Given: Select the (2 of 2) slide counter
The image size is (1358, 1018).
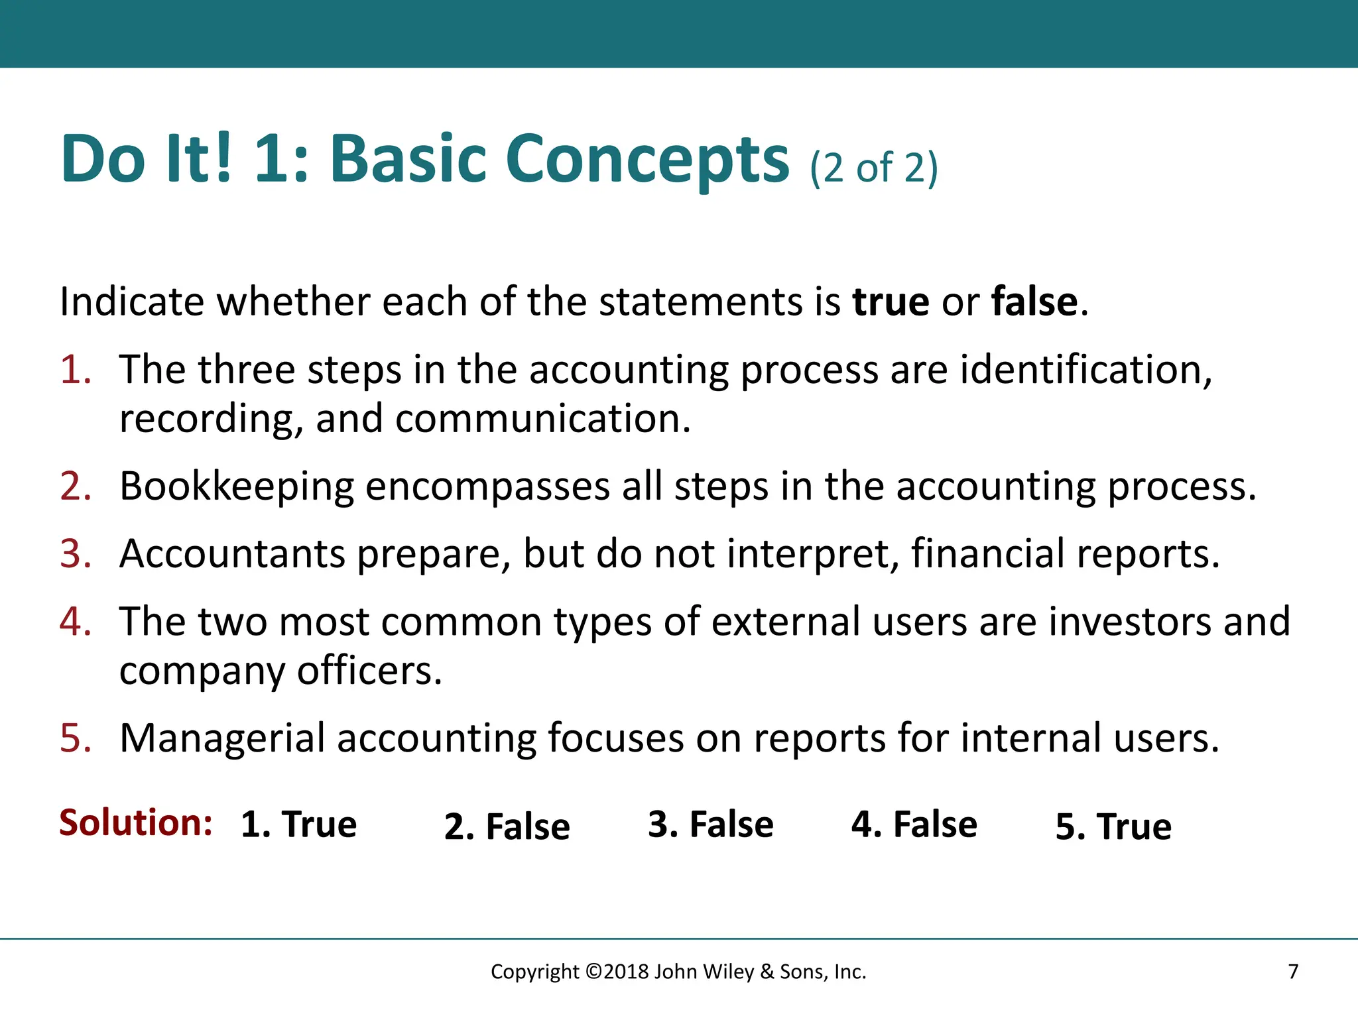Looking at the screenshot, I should point(873,168).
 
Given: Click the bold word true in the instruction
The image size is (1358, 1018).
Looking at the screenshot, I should point(891,302).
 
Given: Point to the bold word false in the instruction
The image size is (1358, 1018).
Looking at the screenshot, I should point(1034,302).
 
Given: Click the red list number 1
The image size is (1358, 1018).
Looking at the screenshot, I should point(75,369).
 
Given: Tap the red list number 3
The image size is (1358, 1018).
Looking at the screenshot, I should point(75,553).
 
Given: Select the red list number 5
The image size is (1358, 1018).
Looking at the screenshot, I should point(75,738).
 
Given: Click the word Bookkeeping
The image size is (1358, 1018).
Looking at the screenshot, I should point(237,487).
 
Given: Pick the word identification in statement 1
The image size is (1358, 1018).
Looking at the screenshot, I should point(1085,369).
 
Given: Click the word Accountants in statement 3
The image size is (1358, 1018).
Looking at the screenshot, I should point(232,553).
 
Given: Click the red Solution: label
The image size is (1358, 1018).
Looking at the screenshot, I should point(135,823).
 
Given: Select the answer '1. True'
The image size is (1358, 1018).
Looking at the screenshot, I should point(298,824).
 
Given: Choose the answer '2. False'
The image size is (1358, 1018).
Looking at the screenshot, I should point(507,826).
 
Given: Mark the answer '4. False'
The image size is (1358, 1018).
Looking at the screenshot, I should point(914,824).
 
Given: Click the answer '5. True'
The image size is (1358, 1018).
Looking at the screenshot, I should point(1113,826).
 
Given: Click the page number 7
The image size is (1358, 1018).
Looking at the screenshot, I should point(1293,972).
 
